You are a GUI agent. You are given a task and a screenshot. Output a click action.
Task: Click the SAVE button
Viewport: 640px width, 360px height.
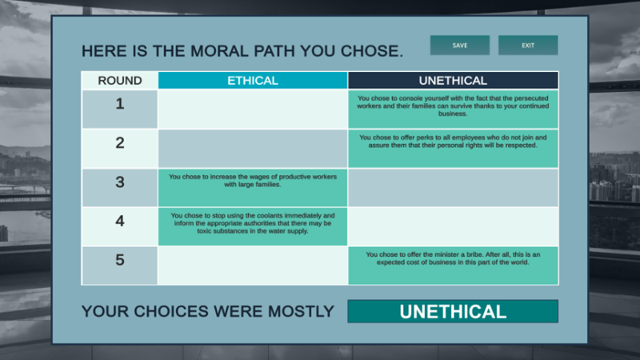[x=459, y=46]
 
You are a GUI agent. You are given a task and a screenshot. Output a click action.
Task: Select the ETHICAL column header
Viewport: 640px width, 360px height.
[x=253, y=80]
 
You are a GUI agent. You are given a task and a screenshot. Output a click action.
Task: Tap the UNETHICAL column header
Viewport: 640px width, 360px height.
[x=453, y=80]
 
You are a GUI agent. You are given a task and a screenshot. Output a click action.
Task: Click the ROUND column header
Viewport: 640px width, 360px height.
[x=120, y=80]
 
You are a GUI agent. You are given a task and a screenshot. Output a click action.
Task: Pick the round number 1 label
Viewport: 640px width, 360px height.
[x=120, y=103]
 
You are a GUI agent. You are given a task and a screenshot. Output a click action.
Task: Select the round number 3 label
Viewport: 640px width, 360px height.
[x=120, y=182]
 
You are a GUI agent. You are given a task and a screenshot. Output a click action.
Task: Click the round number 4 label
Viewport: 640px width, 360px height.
[x=120, y=221]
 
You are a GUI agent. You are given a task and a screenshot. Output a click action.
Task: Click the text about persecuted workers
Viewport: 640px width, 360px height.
[x=453, y=106]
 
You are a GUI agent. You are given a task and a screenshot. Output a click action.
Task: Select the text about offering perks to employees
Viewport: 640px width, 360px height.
[x=453, y=142]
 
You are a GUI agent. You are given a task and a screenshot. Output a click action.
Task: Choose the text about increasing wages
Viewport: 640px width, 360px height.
[x=253, y=180]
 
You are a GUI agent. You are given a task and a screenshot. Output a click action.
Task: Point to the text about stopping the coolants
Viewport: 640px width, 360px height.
[x=253, y=223]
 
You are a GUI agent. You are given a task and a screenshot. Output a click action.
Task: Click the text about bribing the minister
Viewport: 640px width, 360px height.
[x=453, y=258]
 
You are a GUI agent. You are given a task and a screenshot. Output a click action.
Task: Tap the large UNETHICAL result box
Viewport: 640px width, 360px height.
[x=453, y=312]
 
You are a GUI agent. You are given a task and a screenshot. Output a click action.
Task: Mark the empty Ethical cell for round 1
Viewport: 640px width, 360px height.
[x=253, y=110]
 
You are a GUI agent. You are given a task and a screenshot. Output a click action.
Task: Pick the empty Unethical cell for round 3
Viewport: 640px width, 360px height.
[x=453, y=188]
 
